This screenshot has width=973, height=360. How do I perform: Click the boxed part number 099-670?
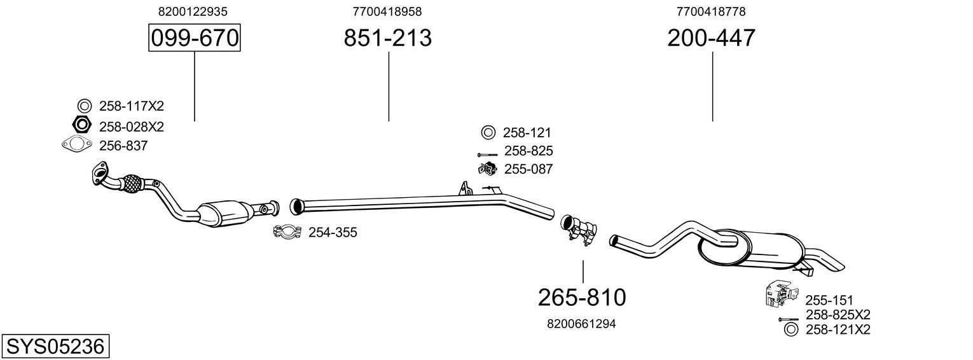click(194, 38)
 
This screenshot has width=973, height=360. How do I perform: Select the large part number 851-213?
click(387, 38)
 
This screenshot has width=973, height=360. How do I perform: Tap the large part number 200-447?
click(711, 38)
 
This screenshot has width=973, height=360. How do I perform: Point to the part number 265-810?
click(582, 297)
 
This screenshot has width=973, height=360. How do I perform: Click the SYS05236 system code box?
click(55, 347)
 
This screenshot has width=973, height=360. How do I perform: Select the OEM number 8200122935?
click(193, 11)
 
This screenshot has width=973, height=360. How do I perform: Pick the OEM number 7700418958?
click(387, 11)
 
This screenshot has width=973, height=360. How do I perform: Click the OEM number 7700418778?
click(711, 11)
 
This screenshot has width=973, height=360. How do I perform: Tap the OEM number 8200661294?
click(581, 324)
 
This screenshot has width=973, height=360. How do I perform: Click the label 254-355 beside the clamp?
click(333, 233)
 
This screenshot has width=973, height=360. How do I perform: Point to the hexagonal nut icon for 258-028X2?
click(83, 126)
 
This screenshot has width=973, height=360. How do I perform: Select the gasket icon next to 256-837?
click(77, 146)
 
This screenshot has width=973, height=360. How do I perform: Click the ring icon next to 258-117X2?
click(84, 106)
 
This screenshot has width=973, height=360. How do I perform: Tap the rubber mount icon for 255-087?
click(487, 169)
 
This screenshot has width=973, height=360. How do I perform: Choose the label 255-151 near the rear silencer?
click(829, 300)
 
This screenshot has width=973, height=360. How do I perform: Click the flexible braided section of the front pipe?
click(131, 183)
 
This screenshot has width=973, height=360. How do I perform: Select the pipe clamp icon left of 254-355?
click(287, 232)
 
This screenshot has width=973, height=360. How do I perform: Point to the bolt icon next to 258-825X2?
click(788, 318)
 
